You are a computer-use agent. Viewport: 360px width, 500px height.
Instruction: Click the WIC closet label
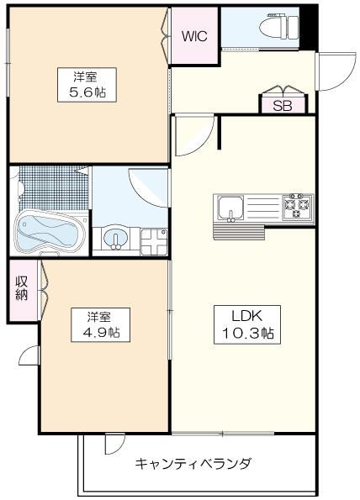tap(194, 36)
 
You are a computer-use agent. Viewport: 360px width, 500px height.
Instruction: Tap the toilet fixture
tap(278, 26)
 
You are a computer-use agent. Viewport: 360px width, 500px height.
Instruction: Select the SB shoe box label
tap(283, 106)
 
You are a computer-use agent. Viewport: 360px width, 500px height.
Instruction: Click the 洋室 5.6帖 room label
tap(87, 85)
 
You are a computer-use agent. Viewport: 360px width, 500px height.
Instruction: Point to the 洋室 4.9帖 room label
tap(100, 324)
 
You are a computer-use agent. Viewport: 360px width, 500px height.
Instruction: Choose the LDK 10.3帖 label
tap(247, 324)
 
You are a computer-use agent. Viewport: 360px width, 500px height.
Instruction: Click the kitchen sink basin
tap(230, 208)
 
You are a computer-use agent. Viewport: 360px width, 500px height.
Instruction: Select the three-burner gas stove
tap(298, 208)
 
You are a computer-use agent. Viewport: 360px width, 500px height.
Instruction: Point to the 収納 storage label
tap(22, 288)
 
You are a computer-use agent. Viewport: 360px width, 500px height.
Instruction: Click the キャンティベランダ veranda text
tap(193, 463)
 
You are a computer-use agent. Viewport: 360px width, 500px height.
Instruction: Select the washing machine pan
tap(154, 241)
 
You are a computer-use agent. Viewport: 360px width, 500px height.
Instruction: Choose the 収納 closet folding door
tap(43, 291)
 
